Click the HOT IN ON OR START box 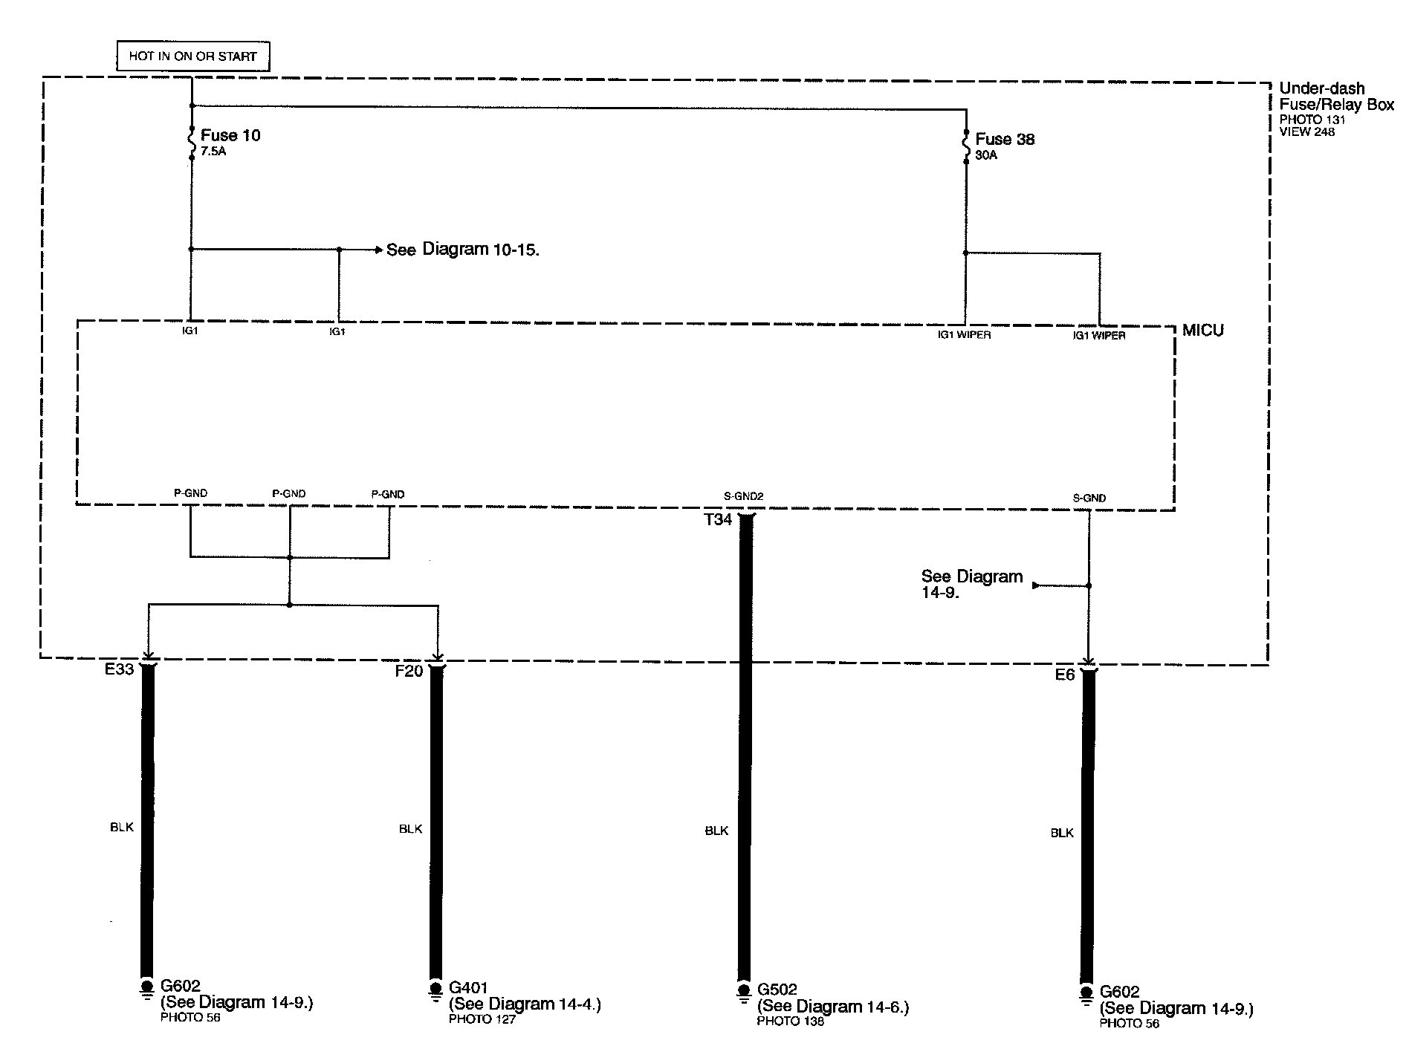click(192, 56)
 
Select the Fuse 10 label click(230, 135)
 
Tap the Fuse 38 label click(1005, 139)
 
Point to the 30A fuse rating click(986, 156)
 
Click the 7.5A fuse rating click(213, 152)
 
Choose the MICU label click(1202, 331)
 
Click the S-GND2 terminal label click(743, 496)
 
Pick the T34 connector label click(718, 520)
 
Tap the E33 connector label click(119, 669)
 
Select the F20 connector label click(409, 672)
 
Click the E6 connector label click(1065, 675)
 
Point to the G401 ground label click(468, 988)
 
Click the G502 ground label click(777, 990)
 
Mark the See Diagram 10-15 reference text click(462, 250)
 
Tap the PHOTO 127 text click(482, 1019)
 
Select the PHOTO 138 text click(790, 1021)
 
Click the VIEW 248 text click(1306, 132)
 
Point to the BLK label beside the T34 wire click(716, 831)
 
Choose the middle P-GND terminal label click(289, 493)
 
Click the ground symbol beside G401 click(435, 992)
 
